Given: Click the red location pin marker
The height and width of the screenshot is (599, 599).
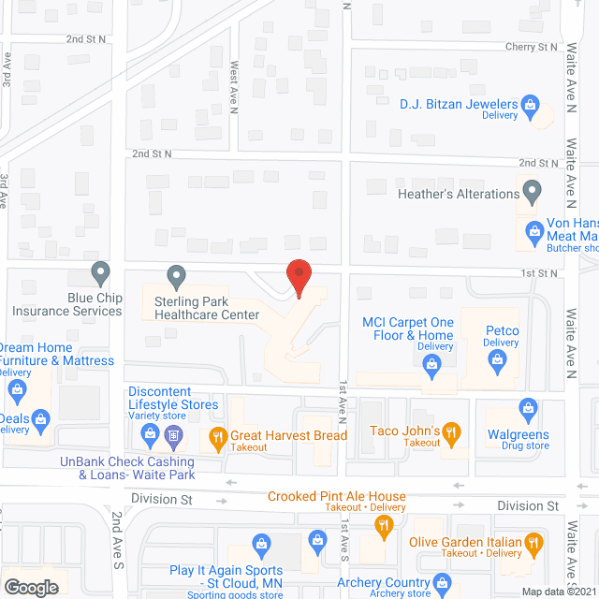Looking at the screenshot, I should [x=298, y=278].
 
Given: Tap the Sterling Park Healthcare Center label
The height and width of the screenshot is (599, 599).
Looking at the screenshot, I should [x=207, y=308].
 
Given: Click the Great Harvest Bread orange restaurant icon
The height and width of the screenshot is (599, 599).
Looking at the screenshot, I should [x=217, y=435].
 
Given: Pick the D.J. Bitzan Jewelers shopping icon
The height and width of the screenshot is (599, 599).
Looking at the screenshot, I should [x=530, y=104].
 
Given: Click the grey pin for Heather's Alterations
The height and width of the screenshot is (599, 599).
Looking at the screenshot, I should [x=533, y=193].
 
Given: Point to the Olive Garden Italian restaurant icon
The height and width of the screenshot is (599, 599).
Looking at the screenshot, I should [x=533, y=542].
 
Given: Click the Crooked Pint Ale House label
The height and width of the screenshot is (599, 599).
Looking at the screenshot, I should [x=337, y=496].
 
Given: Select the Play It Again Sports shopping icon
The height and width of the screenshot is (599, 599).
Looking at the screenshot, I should [x=262, y=544].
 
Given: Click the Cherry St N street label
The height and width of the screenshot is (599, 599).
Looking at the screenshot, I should [x=531, y=46].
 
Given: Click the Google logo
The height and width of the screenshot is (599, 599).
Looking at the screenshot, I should [x=31, y=587].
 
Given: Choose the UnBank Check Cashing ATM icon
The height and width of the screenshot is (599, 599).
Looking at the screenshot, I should [x=173, y=435].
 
